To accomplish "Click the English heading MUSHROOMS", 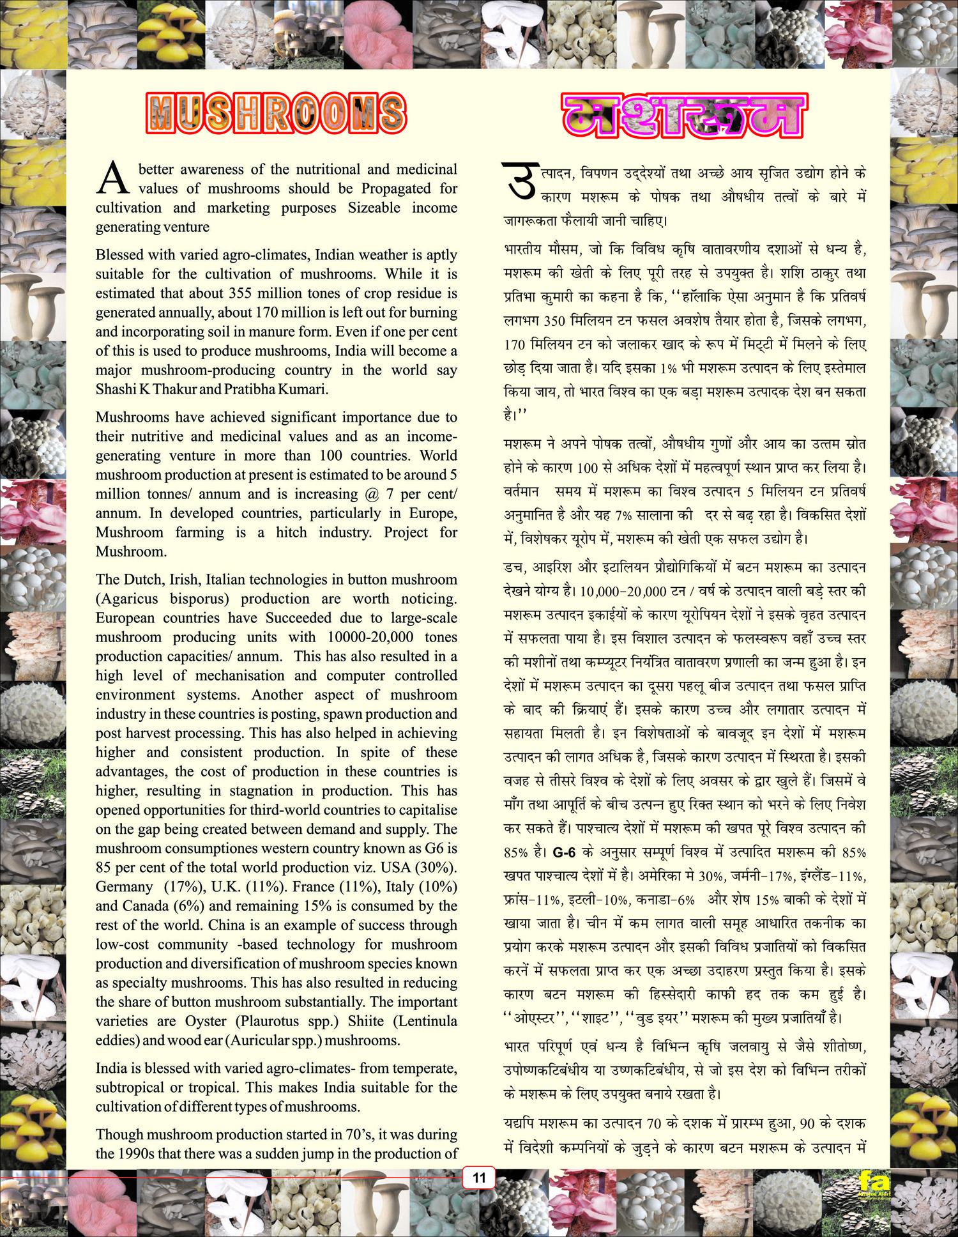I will click(x=276, y=114).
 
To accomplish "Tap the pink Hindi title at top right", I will click(x=684, y=115).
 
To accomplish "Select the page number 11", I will click(x=479, y=1178).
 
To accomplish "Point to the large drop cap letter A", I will click(x=113, y=178).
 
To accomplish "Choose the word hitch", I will click(x=291, y=532).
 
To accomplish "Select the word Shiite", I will click(x=366, y=1020).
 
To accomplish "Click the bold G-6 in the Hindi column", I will click(x=564, y=852).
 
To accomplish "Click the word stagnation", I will click(x=262, y=790).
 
